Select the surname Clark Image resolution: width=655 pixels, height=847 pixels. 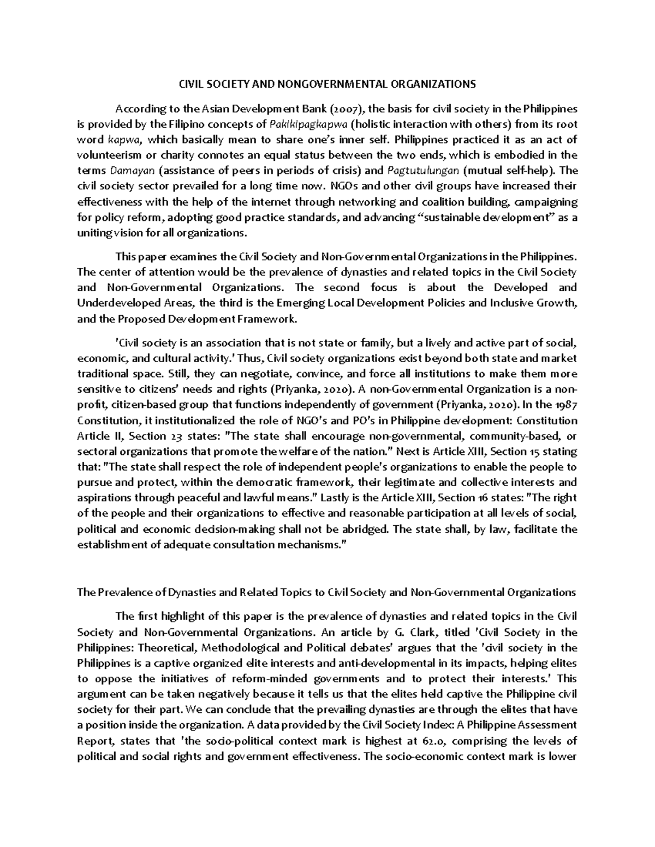tap(422, 633)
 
